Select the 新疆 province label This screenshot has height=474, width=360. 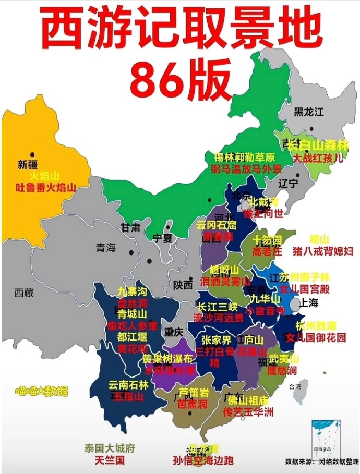coord(28,164)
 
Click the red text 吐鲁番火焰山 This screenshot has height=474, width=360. coord(46,187)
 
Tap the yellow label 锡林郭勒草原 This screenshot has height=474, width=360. coord(244,157)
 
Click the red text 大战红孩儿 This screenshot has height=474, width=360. coord(318,158)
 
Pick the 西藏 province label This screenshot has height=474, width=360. coord(24,293)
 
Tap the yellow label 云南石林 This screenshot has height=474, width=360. coord(128,385)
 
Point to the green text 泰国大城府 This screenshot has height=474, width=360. coord(110,448)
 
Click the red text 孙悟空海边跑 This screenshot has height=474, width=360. coord(203,460)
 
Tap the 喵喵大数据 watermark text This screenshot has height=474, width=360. coord(42,391)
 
